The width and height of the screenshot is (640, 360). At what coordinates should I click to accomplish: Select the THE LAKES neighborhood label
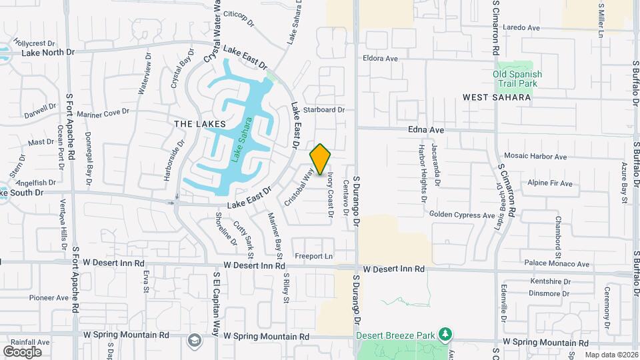(199, 124)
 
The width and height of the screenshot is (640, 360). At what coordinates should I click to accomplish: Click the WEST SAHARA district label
(497, 97)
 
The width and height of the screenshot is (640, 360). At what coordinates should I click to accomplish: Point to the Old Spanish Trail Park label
(517, 79)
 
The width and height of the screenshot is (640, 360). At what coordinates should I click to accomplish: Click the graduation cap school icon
(194, 340)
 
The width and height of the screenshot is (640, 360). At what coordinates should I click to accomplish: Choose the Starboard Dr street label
(323, 110)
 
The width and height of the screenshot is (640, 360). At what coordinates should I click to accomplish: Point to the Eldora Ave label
(380, 59)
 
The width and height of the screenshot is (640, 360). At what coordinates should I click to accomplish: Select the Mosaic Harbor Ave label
(535, 157)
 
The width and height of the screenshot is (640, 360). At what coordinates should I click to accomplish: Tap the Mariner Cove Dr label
(102, 113)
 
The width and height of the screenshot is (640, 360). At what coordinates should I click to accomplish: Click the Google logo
(22, 351)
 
